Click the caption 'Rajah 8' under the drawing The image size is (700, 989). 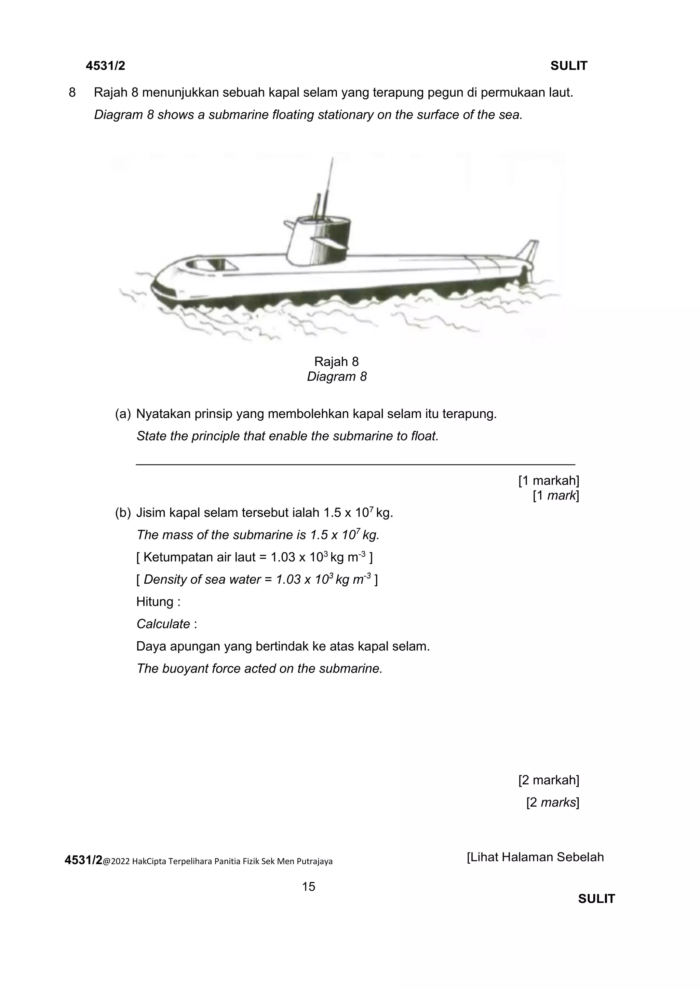click(x=336, y=361)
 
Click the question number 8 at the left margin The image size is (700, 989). click(x=72, y=92)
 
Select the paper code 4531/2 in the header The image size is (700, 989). click(x=105, y=66)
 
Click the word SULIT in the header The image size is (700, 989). click(x=568, y=66)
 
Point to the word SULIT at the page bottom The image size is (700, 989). click(x=596, y=899)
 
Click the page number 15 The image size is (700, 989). click(x=309, y=887)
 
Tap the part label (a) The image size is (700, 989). click(x=122, y=414)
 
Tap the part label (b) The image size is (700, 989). click(x=122, y=513)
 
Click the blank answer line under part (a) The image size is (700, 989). click(x=355, y=464)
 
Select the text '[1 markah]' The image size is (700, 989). click(x=548, y=480)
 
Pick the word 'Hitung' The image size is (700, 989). click(x=155, y=602)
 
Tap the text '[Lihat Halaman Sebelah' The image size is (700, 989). click(x=535, y=857)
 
